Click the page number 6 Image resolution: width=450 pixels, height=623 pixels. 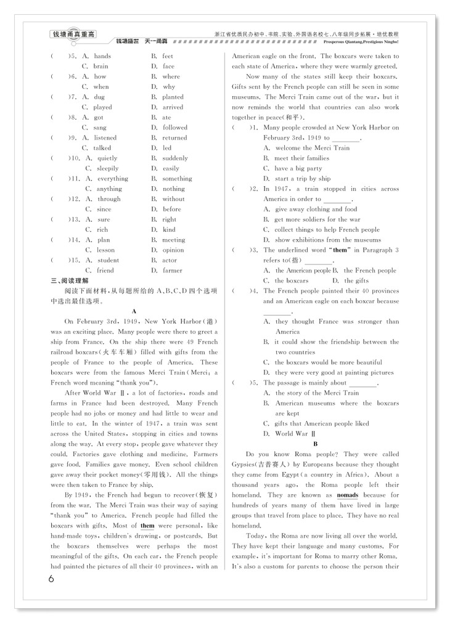(x=51, y=579)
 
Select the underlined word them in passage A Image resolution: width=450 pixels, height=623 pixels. (x=147, y=525)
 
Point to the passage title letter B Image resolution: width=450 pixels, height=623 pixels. (x=316, y=444)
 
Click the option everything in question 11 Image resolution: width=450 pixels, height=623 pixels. (x=113, y=179)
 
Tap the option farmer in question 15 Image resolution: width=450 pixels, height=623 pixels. (x=173, y=270)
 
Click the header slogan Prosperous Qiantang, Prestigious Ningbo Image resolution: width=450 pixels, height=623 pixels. (x=361, y=43)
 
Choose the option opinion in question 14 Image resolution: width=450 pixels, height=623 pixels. (x=173, y=250)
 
